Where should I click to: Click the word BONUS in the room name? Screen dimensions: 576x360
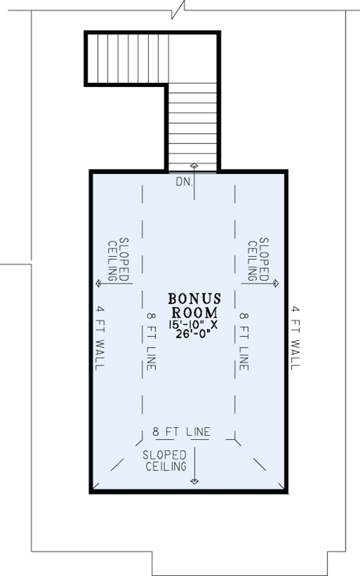pyautogui.click(x=195, y=299)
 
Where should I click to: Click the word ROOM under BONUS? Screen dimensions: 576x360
pyautogui.click(x=195, y=312)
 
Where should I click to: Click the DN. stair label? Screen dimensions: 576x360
pyautogui.click(x=185, y=180)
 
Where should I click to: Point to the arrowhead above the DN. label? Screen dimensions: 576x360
pyautogui.click(x=194, y=164)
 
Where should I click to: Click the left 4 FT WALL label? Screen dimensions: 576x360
pyautogui.click(x=99, y=338)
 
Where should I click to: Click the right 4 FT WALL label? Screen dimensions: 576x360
pyautogui.click(x=295, y=338)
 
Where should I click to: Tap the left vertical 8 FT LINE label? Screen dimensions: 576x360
pyautogui.click(x=150, y=340)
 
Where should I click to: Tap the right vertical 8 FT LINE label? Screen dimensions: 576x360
pyautogui.click(x=243, y=340)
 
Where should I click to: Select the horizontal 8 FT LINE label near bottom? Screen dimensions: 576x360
pyautogui.click(x=181, y=431)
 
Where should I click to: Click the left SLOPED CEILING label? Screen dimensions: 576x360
pyautogui.click(x=118, y=258)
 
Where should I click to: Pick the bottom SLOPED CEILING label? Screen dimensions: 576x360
pyautogui.click(x=165, y=460)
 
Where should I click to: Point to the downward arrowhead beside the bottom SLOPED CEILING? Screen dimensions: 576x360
pyautogui.click(x=194, y=481)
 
